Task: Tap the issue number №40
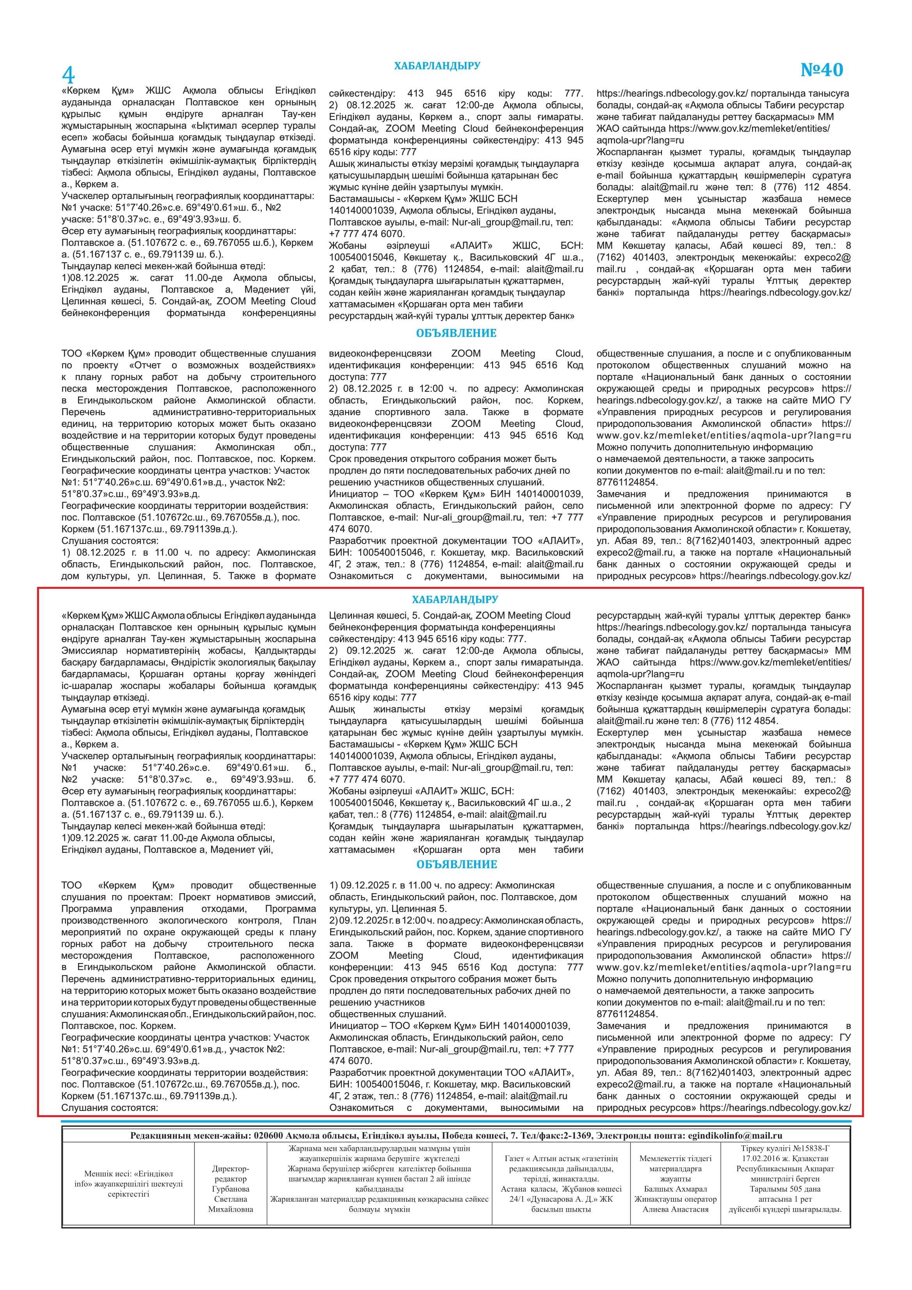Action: pyautogui.click(x=821, y=70)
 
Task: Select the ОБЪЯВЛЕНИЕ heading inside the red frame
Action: pyautogui.click(x=456, y=865)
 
